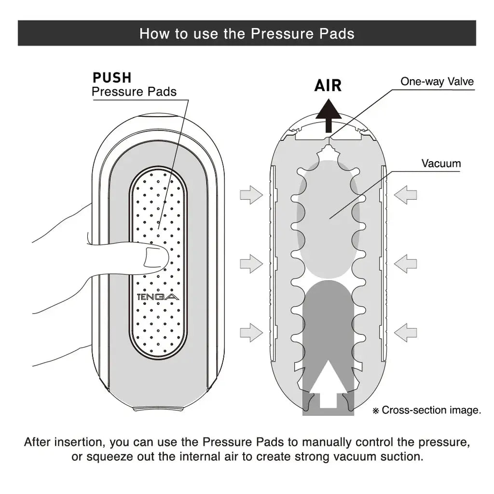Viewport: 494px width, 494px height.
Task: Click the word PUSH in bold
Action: click(x=112, y=78)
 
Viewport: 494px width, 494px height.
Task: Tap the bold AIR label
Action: click(x=328, y=86)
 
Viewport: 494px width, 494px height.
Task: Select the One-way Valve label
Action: click(x=437, y=82)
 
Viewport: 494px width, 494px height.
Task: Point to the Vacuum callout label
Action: click(x=441, y=164)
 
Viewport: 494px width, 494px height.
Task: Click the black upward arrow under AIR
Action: click(x=329, y=116)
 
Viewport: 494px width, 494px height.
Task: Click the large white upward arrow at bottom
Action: click(x=328, y=384)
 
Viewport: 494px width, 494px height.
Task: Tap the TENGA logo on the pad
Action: click(x=158, y=297)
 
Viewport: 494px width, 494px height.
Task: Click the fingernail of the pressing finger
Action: click(x=155, y=257)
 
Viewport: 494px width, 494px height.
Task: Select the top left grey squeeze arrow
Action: click(x=251, y=195)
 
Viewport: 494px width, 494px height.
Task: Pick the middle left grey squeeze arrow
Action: click(x=251, y=264)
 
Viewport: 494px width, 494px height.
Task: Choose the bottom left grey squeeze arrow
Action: click(x=251, y=332)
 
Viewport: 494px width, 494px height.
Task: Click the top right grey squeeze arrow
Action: click(x=405, y=195)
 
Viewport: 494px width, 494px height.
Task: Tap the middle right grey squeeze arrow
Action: click(x=405, y=264)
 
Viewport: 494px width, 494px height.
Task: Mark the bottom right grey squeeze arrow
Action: click(x=405, y=332)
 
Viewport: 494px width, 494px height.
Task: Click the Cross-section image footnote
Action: click(x=427, y=410)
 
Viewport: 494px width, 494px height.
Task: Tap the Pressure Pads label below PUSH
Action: click(x=134, y=92)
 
